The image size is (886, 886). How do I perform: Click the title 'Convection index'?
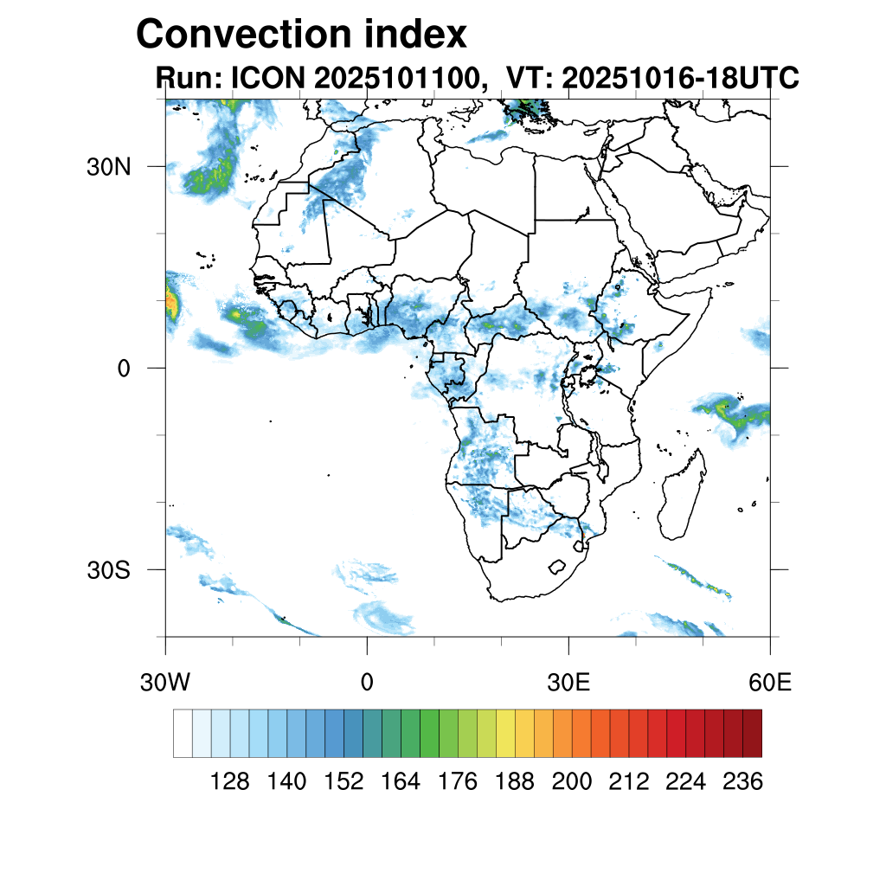pos(301,35)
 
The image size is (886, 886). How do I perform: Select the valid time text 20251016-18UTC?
pos(680,78)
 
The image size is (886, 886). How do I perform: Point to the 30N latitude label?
pos(107,167)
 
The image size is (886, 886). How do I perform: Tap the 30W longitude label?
pos(165,683)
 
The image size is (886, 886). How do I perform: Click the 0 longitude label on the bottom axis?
pos(367,683)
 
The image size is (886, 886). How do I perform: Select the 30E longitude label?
pos(568,683)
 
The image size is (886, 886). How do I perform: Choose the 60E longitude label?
pos(770,683)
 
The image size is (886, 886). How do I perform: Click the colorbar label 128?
pos(230,782)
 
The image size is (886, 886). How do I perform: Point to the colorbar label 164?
pos(401,782)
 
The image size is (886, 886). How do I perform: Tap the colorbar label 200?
pos(572,782)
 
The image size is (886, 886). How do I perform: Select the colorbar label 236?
pos(742,782)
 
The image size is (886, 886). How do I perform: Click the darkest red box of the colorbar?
pos(752,733)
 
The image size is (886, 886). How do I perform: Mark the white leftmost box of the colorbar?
pos(183,733)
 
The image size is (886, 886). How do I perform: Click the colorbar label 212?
pos(629,782)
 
